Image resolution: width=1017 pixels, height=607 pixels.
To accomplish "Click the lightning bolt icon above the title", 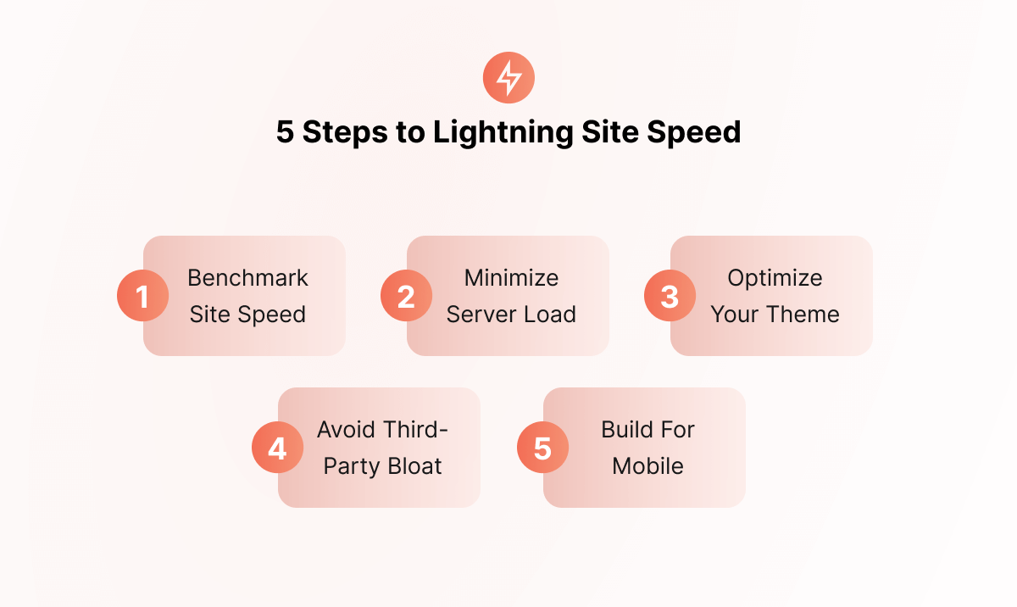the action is pos(508,78).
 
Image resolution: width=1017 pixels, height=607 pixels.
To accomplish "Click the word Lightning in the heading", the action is pos(503,132).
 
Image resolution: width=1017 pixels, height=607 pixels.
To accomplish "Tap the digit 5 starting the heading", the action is pos(285,131).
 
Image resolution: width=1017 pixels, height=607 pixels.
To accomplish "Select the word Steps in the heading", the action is pos(345,132).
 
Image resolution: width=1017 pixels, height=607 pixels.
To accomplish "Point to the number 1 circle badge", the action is pos(142,296).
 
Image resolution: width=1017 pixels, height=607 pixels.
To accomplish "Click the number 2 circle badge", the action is pos(406,296).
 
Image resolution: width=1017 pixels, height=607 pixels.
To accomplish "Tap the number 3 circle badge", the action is pos(670,296).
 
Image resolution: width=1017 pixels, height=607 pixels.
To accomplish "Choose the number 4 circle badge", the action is pos(277,447).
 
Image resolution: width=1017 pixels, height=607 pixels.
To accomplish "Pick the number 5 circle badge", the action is pos(542,447).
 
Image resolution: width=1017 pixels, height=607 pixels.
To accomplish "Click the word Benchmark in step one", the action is pos(247,277).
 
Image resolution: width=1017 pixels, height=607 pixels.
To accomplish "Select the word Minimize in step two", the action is pos(511,277).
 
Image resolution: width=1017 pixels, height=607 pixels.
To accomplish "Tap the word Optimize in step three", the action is pos(775,278).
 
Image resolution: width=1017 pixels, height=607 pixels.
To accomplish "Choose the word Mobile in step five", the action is pos(647,465).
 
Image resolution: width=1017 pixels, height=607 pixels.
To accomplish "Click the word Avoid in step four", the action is pos(347,429).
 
